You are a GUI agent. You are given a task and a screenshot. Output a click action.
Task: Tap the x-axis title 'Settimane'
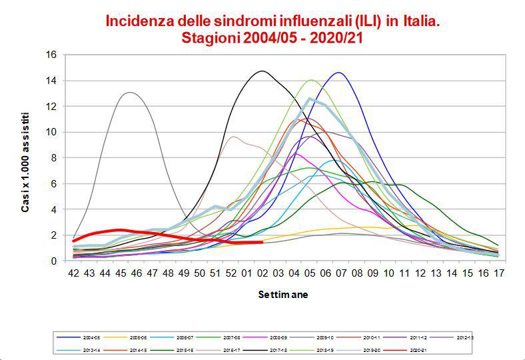pyautogui.click(x=284, y=294)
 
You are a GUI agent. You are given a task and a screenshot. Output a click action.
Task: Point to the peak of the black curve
pyautogui.click(x=263, y=71)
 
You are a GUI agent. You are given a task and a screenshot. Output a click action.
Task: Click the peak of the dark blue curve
pyautogui.click(x=339, y=72)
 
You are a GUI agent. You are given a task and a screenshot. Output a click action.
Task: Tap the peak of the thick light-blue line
pyautogui.click(x=310, y=99)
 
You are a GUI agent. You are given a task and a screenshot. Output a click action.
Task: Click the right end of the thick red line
pyautogui.click(x=262, y=242)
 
